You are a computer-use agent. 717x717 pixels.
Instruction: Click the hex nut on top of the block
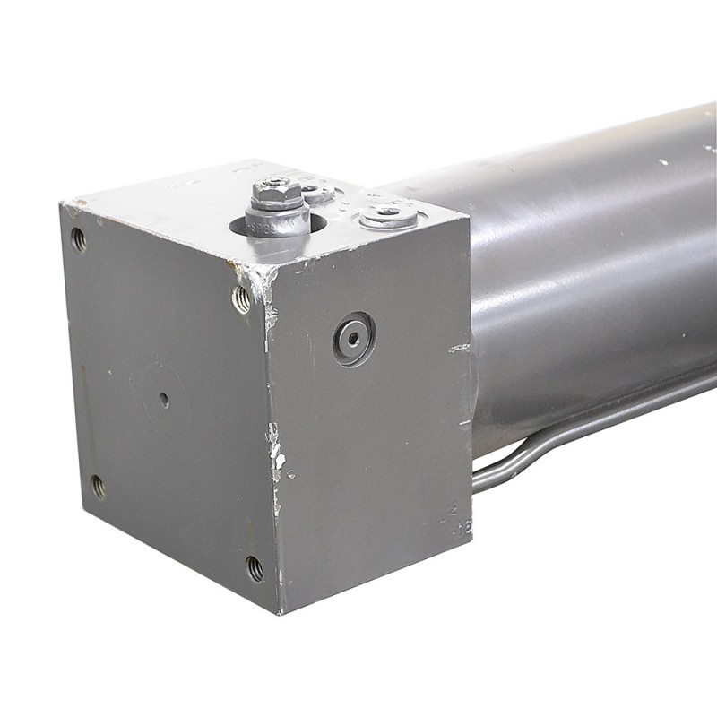pos(275,191)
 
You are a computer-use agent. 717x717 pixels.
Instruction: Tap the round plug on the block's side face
pos(353,338)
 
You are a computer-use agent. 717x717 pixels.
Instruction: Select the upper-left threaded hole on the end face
pos(78,239)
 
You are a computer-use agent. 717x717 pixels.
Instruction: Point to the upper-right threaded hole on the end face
pos(241,298)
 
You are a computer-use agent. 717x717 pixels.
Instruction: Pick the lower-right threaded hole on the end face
pos(255,566)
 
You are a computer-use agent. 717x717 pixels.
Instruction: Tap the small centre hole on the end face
pos(163,400)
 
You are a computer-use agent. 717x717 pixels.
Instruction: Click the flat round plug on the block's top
pos(388,215)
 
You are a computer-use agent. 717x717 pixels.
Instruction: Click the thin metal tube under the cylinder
pos(574,430)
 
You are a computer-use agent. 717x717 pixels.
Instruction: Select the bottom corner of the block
pos(280,613)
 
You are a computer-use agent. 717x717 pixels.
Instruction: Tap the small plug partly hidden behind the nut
pos(315,193)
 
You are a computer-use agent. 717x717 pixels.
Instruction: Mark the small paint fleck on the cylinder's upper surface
pos(663,163)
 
